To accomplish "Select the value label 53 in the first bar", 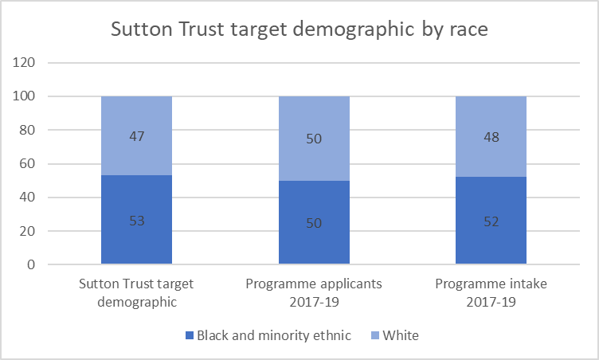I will pyautogui.click(x=136, y=221).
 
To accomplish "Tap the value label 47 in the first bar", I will pyautogui.click(x=136, y=136).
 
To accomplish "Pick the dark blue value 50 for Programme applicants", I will pyautogui.click(x=314, y=223).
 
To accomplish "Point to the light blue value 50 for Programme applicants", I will pyautogui.click(x=314, y=139).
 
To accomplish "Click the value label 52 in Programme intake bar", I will pyautogui.click(x=491, y=222).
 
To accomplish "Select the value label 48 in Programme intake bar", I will pyautogui.click(x=491, y=137).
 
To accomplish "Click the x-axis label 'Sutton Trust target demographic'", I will pyautogui.click(x=136, y=291).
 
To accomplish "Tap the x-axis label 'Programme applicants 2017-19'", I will pyautogui.click(x=314, y=291).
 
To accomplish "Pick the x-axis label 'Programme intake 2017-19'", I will pyautogui.click(x=491, y=291).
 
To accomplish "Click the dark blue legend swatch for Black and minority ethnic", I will pyautogui.click(x=190, y=336).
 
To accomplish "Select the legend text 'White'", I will pyautogui.click(x=400, y=335).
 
